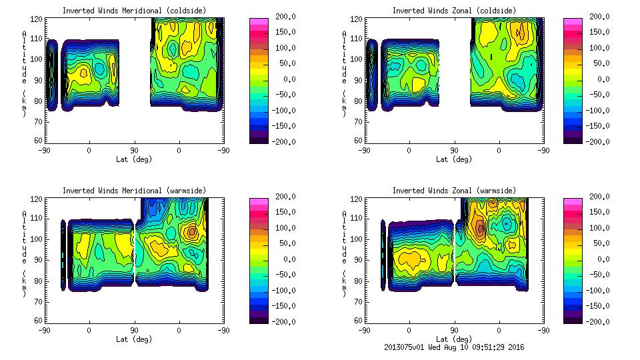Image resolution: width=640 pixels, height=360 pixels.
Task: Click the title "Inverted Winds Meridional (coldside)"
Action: (134, 11)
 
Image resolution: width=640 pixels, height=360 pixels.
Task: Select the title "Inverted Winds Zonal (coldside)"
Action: (454, 11)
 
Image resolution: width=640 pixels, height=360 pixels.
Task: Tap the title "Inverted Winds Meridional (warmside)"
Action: (134, 191)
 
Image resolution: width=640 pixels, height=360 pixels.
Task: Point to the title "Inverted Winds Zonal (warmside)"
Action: (454, 191)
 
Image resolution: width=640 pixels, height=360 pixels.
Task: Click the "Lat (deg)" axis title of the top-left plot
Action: (134, 159)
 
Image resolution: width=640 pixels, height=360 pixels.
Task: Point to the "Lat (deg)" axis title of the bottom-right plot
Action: (454, 339)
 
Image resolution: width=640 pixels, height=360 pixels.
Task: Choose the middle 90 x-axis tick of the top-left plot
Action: (134, 151)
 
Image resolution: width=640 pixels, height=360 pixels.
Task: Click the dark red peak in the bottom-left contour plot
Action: (192, 231)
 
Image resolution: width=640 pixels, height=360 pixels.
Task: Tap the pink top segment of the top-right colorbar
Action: (572, 22)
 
